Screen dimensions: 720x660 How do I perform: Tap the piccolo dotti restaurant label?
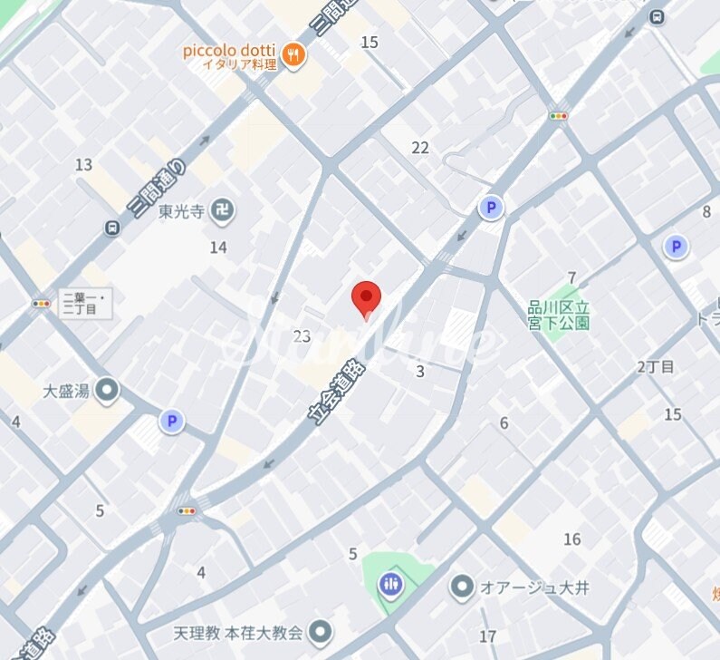(230, 50)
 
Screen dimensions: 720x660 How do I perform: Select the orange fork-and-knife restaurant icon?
(293, 55)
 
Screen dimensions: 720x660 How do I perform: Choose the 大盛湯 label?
(66, 392)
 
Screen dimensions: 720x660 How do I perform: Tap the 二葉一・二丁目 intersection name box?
(85, 304)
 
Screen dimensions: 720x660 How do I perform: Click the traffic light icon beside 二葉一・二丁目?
(42, 304)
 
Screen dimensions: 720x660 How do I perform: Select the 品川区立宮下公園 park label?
(559, 315)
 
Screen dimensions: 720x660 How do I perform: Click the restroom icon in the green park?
(391, 584)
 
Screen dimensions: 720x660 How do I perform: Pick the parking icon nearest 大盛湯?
(171, 421)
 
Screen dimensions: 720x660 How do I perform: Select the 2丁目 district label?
(656, 366)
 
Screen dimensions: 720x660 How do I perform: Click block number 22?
(420, 148)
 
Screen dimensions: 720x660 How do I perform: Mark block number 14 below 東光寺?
(218, 247)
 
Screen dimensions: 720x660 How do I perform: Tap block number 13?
(84, 164)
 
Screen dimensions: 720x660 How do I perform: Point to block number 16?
(571, 539)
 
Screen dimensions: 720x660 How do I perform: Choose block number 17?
(488, 636)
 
